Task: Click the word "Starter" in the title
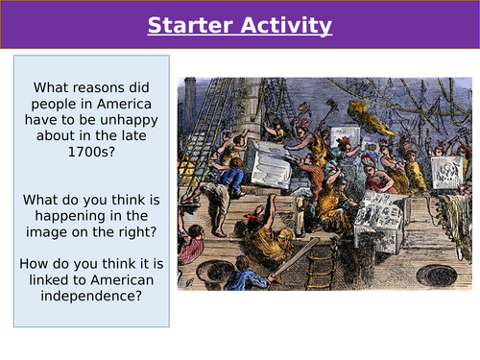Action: click(191, 24)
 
